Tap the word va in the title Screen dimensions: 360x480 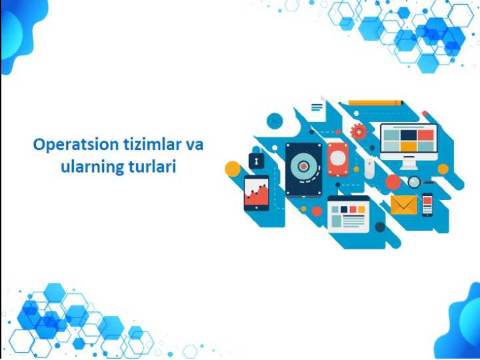[194, 145]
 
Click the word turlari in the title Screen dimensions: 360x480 [151, 167]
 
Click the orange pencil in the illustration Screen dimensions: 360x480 [376, 103]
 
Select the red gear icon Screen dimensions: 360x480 [359, 131]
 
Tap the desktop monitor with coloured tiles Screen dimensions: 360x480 [408, 140]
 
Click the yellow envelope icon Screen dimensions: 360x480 [404, 204]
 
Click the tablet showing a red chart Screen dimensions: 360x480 [256, 193]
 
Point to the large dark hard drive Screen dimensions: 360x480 [303, 169]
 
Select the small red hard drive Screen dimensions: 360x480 [338, 159]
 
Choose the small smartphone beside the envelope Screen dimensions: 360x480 [427, 204]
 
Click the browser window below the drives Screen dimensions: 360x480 [348, 213]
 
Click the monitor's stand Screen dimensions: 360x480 [408, 163]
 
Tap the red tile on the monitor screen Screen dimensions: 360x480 [425, 135]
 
